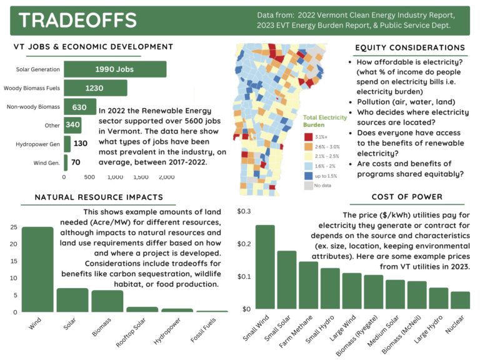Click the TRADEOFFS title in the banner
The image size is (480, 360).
coord(77,20)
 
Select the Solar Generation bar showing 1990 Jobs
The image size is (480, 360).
coord(114,69)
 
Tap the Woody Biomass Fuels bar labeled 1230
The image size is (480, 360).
coord(95,88)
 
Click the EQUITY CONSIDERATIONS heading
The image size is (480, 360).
coord(409,47)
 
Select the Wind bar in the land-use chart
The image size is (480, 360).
coord(37,269)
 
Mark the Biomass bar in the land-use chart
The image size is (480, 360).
coord(107,301)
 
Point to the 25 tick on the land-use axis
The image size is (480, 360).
coord(13,227)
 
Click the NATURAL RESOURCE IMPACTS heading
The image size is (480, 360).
coord(99,197)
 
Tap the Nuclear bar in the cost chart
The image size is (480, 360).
coord(460,300)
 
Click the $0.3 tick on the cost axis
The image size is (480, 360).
coord(244,211)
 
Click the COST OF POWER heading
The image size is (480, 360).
coord(407,197)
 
